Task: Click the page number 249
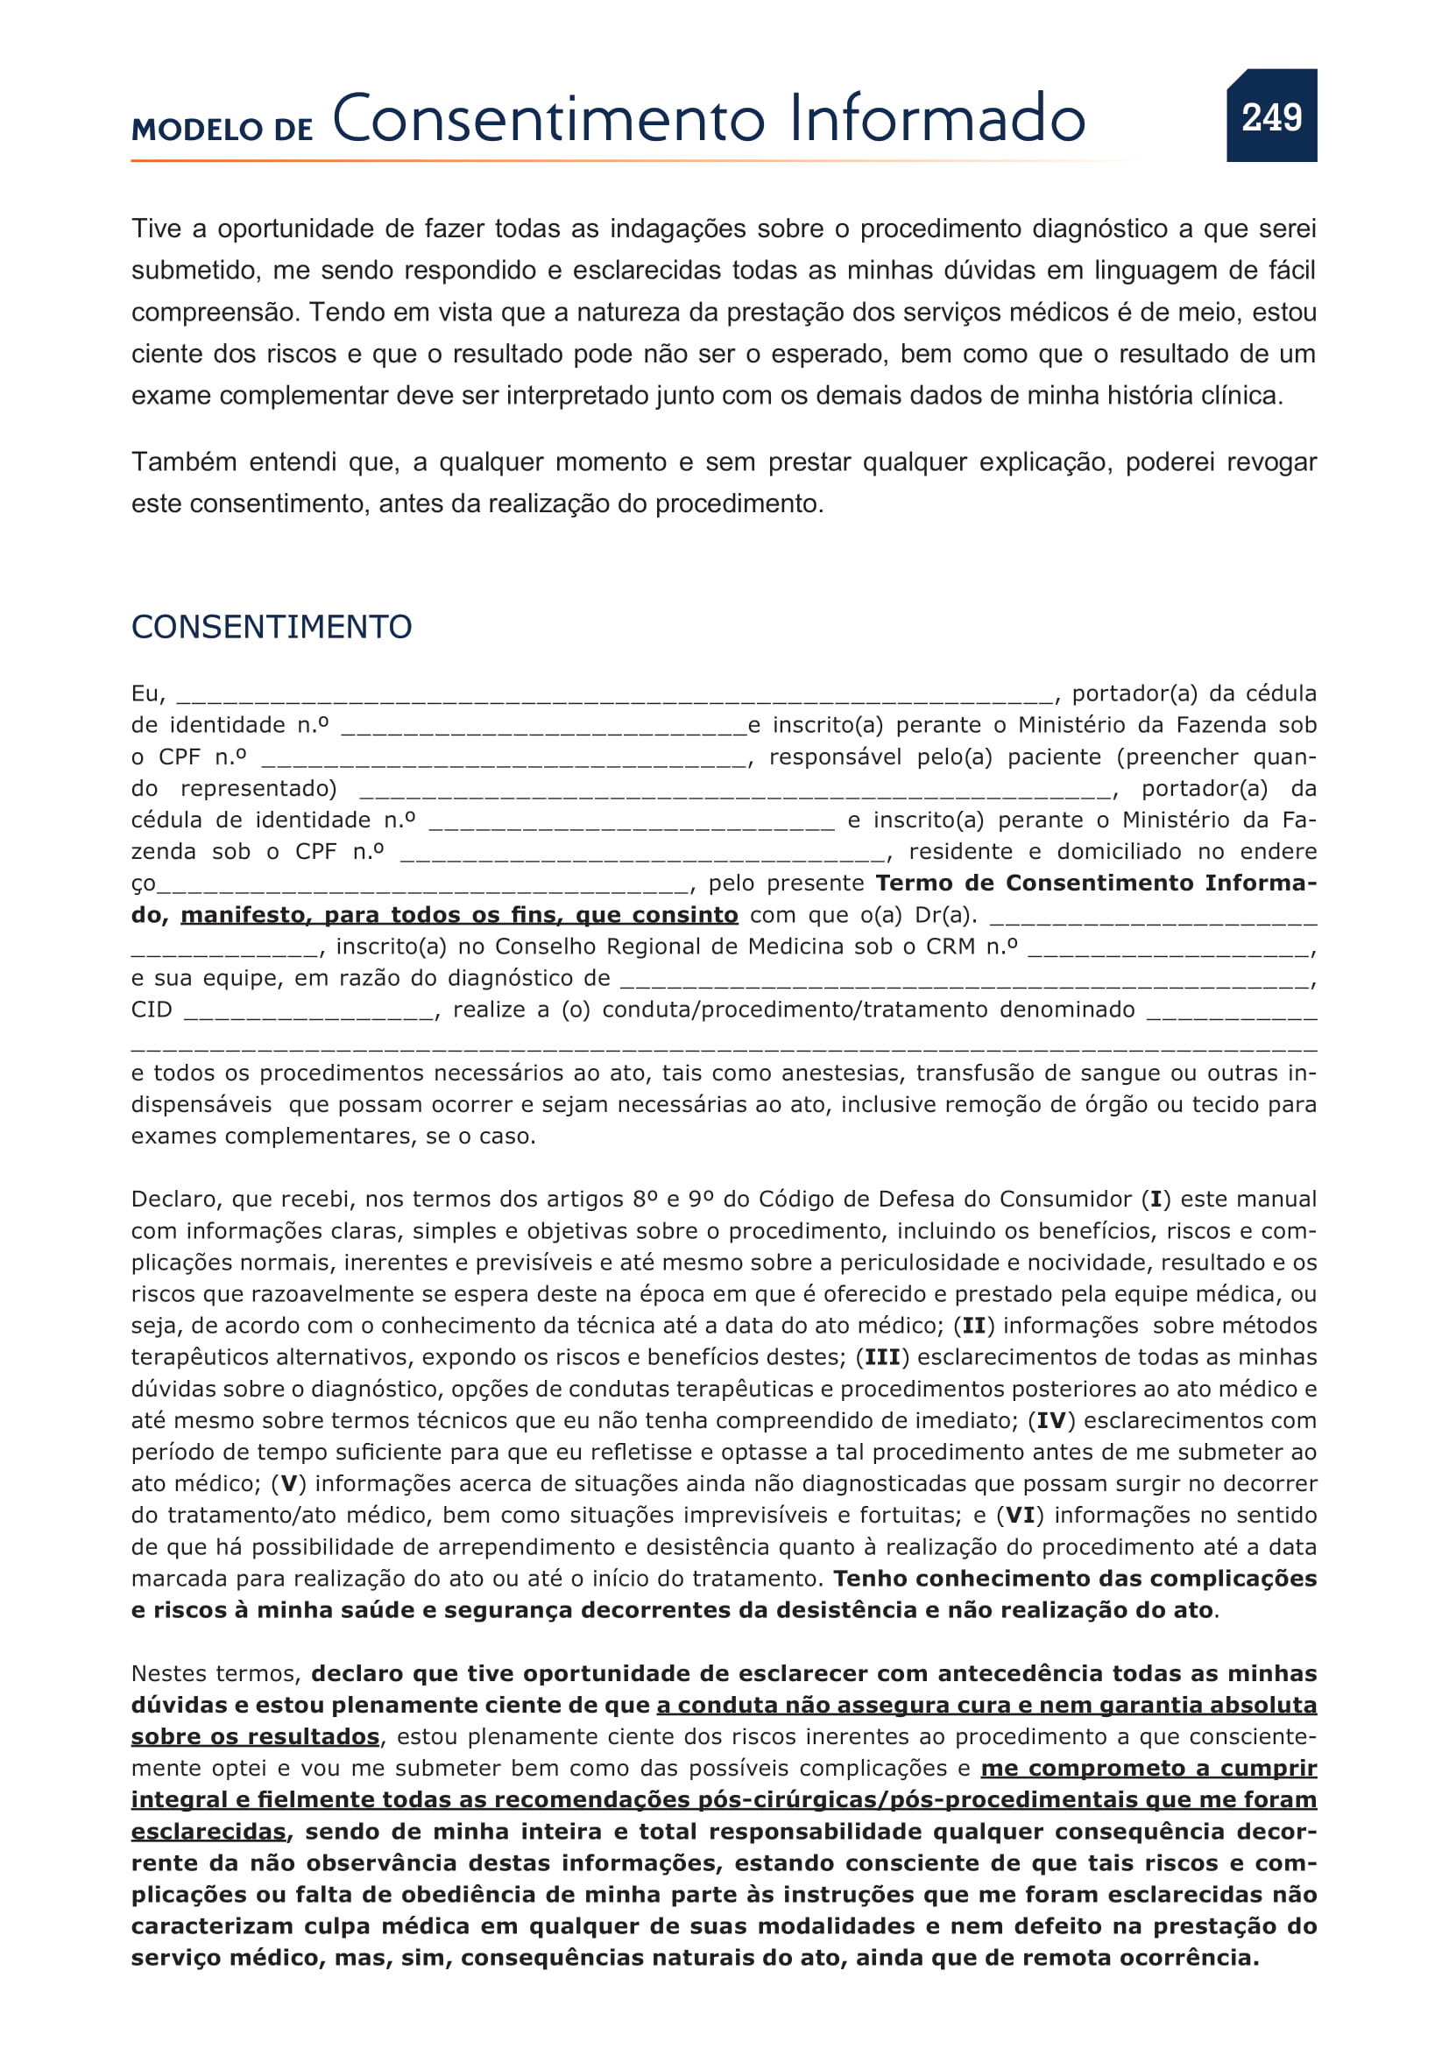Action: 1270,116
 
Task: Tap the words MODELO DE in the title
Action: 223,130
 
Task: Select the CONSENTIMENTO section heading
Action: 272,627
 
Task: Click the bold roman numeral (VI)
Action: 1020,1515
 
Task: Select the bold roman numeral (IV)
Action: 1050,1420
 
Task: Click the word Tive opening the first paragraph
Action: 156,229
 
